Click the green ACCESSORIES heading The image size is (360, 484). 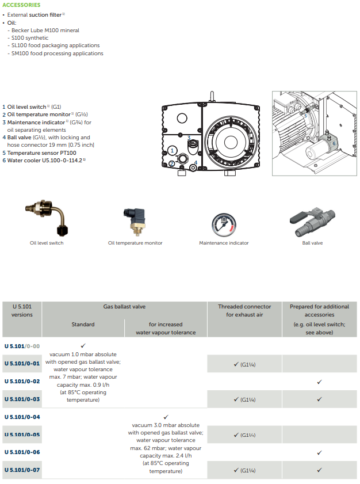point(21,5)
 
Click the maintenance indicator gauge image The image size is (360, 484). point(224,224)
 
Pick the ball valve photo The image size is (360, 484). point(312,222)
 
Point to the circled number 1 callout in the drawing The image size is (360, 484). point(172,151)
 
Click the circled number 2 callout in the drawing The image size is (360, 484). point(171,164)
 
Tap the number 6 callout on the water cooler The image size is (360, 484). point(334,143)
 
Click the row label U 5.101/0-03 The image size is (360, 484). point(22,399)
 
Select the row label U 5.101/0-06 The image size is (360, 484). point(22,452)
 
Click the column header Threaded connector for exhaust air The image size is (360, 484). point(244,311)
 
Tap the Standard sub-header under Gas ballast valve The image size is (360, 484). point(83,325)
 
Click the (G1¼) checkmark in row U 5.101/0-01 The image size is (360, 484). point(244,364)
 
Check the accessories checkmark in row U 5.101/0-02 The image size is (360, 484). point(319,382)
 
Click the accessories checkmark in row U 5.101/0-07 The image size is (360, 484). point(319,470)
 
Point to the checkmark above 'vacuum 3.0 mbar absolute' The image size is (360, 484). point(166,417)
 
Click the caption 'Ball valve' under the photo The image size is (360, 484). point(312,243)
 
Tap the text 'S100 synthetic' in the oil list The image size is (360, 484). point(30,37)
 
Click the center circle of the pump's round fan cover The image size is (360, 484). point(231,142)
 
